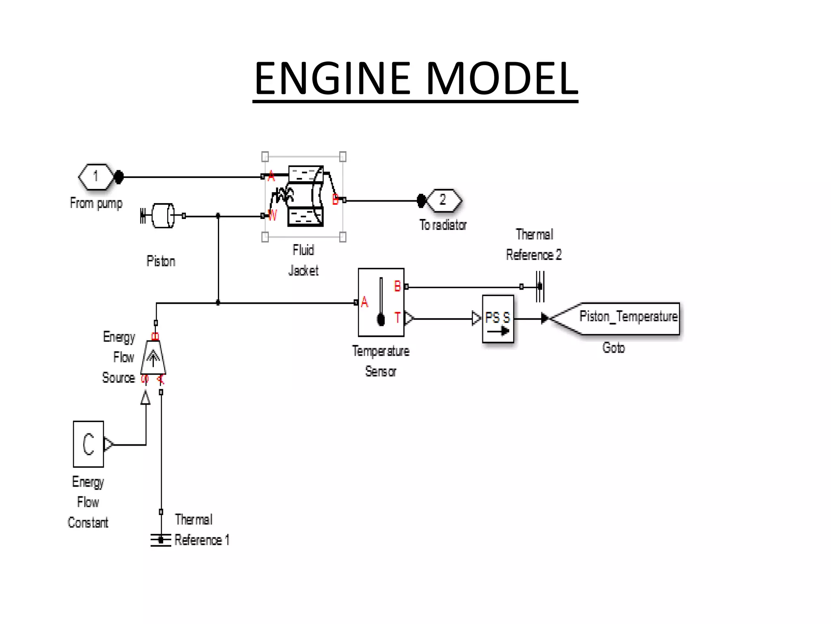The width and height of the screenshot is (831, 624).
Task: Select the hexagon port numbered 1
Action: (96, 177)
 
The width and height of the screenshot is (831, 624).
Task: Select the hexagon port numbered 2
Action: (443, 200)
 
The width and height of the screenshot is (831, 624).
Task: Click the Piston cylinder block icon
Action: (162, 216)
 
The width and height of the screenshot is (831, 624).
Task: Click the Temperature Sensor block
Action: (381, 302)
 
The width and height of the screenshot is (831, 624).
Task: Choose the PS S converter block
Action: (498, 319)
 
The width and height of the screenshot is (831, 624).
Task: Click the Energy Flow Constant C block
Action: (88, 444)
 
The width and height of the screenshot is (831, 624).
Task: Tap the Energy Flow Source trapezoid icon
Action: (153, 357)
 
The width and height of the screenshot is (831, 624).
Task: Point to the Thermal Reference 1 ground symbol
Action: (161, 540)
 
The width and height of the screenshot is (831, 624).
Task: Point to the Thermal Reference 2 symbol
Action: (540, 287)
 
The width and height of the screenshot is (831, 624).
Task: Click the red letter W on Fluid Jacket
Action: (272, 215)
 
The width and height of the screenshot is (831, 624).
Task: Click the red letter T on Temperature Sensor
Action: (397, 318)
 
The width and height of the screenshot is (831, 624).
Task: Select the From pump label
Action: (96, 203)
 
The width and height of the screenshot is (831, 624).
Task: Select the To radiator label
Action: (443, 225)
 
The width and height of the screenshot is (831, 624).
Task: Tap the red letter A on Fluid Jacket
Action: (271, 176)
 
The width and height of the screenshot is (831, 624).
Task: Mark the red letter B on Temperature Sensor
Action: (397, 286)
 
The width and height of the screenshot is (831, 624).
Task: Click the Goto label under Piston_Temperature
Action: (614, 348)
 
